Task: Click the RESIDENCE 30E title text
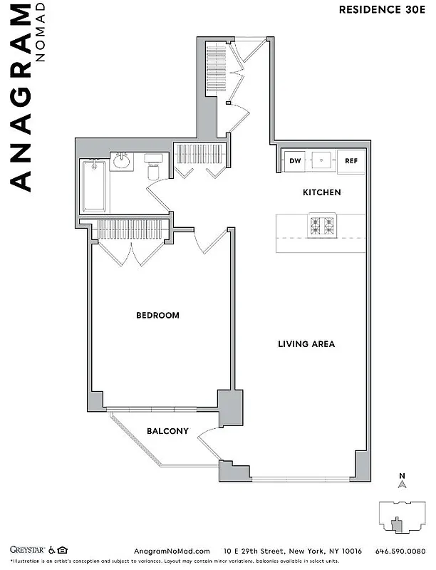click(x=381, y=9)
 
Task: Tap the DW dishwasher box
click(x=294, y=161)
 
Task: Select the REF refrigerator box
click(x=351, y=161)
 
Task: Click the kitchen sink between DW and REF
click(x=323, y=161)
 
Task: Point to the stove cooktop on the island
click(x=321, y=226)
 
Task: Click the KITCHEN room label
click(x=322, y=192)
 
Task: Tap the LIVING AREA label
click(x=306, y=344)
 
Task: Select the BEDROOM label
click(x=157, y=315)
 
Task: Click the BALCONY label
click(x=167, y=431)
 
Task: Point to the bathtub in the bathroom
click(x=94, y=186)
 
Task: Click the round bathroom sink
click(x=120, y=161)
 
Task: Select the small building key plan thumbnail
click(x=402, y=517)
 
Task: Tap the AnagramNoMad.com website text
click(x=172, y=551)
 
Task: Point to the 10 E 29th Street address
click(x=292, y=551)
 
